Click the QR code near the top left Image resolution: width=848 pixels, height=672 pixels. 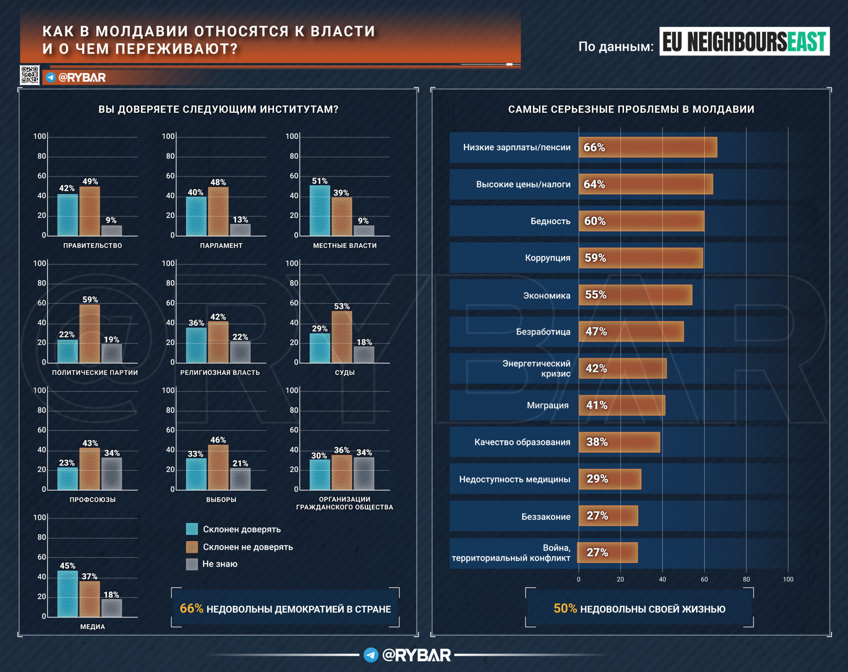point(30,75)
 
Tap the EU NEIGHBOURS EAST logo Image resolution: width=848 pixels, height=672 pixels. point(744,41)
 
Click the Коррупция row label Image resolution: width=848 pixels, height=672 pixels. point(547,258)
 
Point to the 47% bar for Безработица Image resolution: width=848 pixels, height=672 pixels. point(631,332)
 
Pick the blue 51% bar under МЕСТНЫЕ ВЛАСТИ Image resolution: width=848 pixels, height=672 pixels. point(320,211)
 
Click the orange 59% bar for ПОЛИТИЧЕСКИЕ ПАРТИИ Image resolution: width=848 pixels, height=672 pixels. point(90,334)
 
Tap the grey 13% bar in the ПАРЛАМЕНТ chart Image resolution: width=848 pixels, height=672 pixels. point(240,230)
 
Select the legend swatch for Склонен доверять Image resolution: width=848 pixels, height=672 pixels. point(192,529)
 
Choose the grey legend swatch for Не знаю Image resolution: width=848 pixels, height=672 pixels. point(192,564)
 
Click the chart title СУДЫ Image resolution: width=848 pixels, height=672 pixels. point(344,373)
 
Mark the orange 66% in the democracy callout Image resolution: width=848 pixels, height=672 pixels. point(191,608)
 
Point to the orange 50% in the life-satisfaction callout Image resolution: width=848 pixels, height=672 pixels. point(565,608)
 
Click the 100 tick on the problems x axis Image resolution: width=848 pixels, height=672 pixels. point(788,579)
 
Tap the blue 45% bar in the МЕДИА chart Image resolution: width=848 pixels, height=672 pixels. point(68,594)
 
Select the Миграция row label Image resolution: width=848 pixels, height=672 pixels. point(548,406)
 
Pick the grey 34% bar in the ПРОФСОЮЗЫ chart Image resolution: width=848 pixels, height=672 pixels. point(112,473)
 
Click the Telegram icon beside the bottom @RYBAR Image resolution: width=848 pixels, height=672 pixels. point(371,655)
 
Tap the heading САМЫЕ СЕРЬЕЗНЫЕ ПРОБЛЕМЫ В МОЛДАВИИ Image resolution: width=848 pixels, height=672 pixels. point(631,109)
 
